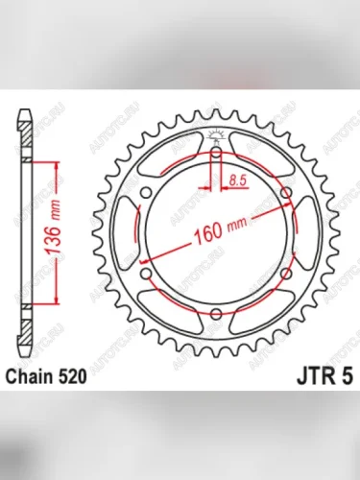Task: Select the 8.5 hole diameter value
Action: coord(239,178)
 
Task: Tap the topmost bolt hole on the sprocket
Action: coord(217,153)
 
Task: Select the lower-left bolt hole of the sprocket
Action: coord(145,276)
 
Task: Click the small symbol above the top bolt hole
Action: coord(217,133)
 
